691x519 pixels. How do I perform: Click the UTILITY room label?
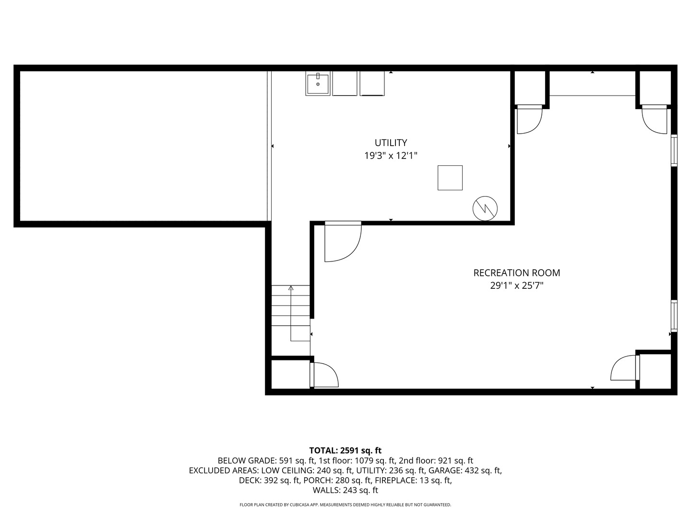391,143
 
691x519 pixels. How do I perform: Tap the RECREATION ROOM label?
516,273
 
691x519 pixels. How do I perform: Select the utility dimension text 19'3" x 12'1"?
391,156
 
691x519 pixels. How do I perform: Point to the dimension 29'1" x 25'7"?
516,286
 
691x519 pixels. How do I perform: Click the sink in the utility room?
318,84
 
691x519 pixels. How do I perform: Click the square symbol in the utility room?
450,178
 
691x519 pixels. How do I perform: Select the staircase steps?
291,308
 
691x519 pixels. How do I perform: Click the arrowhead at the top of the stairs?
291,288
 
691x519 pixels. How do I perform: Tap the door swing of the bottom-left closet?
324,375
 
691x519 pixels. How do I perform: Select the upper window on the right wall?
674,151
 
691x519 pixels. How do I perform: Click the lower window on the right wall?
674,316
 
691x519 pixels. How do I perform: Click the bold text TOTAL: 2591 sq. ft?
345,450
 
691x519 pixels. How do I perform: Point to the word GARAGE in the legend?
443,470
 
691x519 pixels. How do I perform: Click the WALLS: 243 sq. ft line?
345,490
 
